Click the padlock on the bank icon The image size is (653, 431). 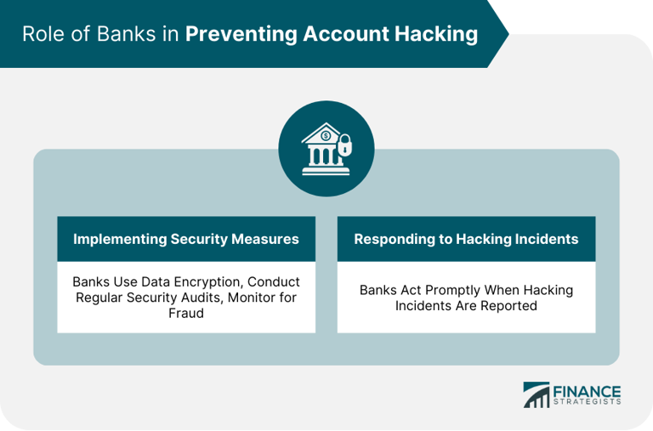coord(347,147)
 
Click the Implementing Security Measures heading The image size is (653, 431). coord(186,239)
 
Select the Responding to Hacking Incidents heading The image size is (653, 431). coord(466,239)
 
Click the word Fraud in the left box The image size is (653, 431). coord(186,314)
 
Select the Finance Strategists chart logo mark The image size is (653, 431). coord(537,395)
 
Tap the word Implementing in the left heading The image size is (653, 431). coord(116,239)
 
